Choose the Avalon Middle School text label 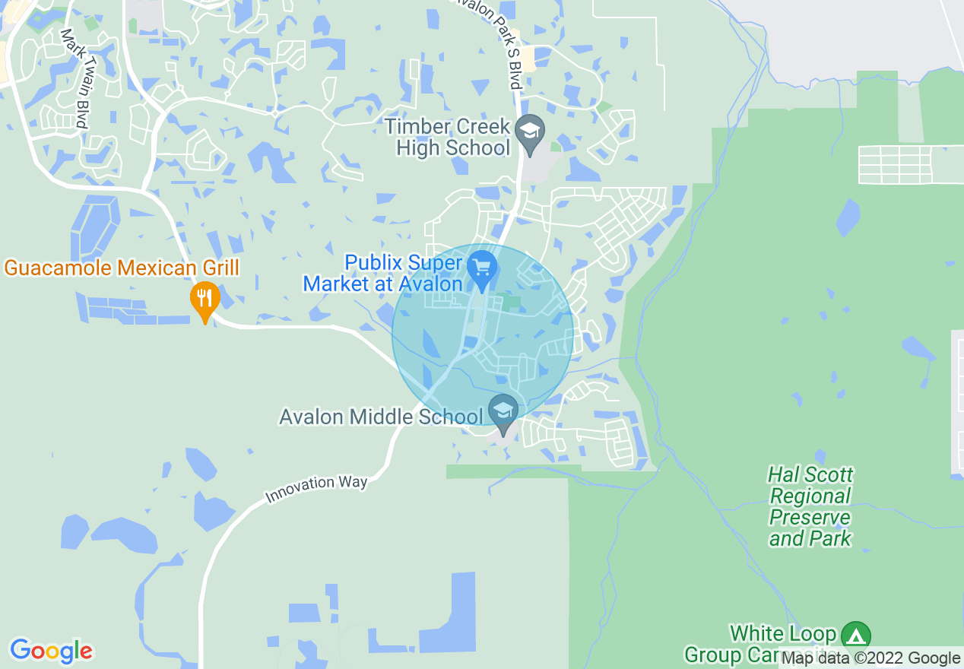click(x=381, y=417)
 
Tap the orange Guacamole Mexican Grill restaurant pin click(x=205, y=298)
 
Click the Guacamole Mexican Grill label click(x=122, y=268)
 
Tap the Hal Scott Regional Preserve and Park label click(x=810, y=507)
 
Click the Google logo click(x=52, y=651)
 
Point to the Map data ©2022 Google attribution click(x=870, y=658)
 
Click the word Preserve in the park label click(x=810, y=518)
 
